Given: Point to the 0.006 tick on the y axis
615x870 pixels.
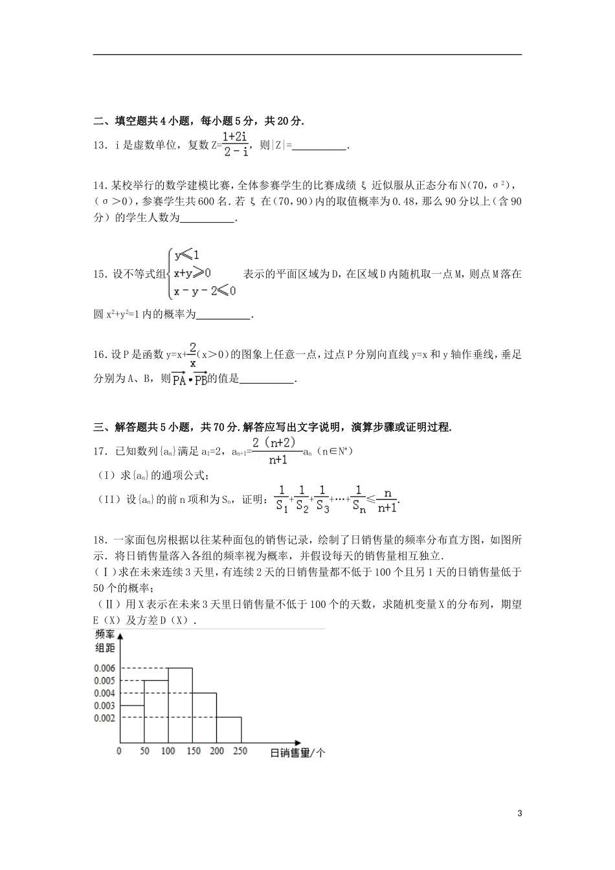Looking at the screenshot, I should (104, 668).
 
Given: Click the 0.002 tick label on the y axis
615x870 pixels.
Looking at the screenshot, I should (104, 718).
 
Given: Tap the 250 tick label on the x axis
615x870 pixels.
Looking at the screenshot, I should (240, 751).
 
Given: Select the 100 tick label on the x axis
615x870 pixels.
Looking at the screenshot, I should (168, 751).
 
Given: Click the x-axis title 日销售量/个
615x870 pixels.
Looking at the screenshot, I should (297, 753).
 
